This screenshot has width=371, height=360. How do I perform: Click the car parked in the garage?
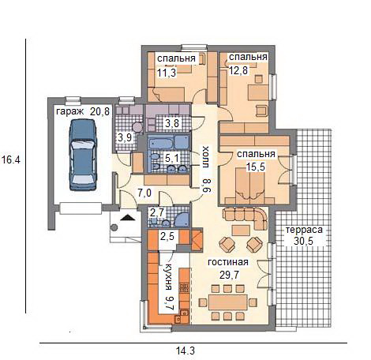83,155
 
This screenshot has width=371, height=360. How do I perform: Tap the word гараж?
70,111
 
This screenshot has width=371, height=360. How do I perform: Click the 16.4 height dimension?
10,159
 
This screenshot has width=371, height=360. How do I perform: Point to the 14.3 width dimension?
185,351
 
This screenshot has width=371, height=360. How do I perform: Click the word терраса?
304,230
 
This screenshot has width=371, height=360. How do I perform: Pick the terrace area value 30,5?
303,241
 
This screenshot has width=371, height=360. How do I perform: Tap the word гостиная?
228,262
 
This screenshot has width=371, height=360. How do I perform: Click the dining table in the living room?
228,302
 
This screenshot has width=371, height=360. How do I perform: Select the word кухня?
168,276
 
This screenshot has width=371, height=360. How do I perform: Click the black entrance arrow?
128,217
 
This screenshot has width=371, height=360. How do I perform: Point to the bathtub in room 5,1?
161,144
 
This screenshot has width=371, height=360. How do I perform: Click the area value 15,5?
255,167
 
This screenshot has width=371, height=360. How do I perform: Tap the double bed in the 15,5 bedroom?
250,185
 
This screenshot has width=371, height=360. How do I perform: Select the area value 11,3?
167,73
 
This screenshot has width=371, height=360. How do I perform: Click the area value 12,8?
238,70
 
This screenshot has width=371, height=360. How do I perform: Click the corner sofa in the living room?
245,217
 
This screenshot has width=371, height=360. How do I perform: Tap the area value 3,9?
125,137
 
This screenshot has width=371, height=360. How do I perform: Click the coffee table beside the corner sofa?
241,231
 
